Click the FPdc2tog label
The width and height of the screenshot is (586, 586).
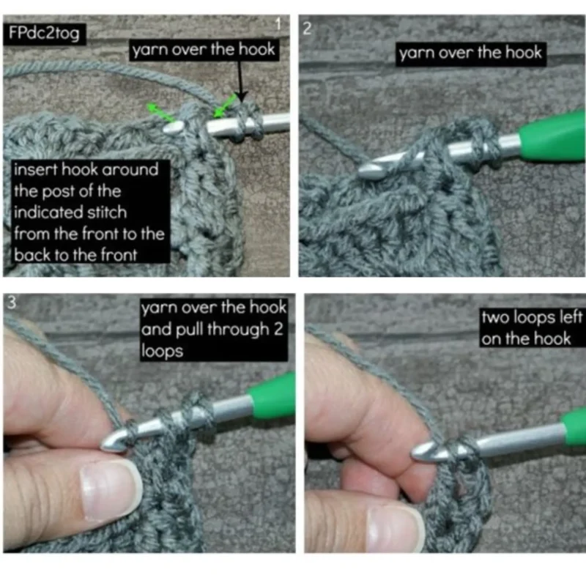click(x=44, y=34)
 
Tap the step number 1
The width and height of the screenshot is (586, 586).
click(x=278, y=24)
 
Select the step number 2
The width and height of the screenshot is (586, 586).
click(x=307, y=29)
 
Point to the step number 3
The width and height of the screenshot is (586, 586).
click(x=12, y=302)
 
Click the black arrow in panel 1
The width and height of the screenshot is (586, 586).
click(x=241, y=81)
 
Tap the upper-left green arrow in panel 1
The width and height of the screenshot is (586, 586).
click(x=160, y=113)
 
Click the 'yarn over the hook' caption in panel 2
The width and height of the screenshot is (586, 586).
click(x=470, y=53)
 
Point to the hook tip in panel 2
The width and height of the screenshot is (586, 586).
click(x=362, y=172)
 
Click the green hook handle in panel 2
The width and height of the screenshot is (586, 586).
click(x=552, y=137)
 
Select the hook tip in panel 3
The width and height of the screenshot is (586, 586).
click(x=105, y=445)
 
